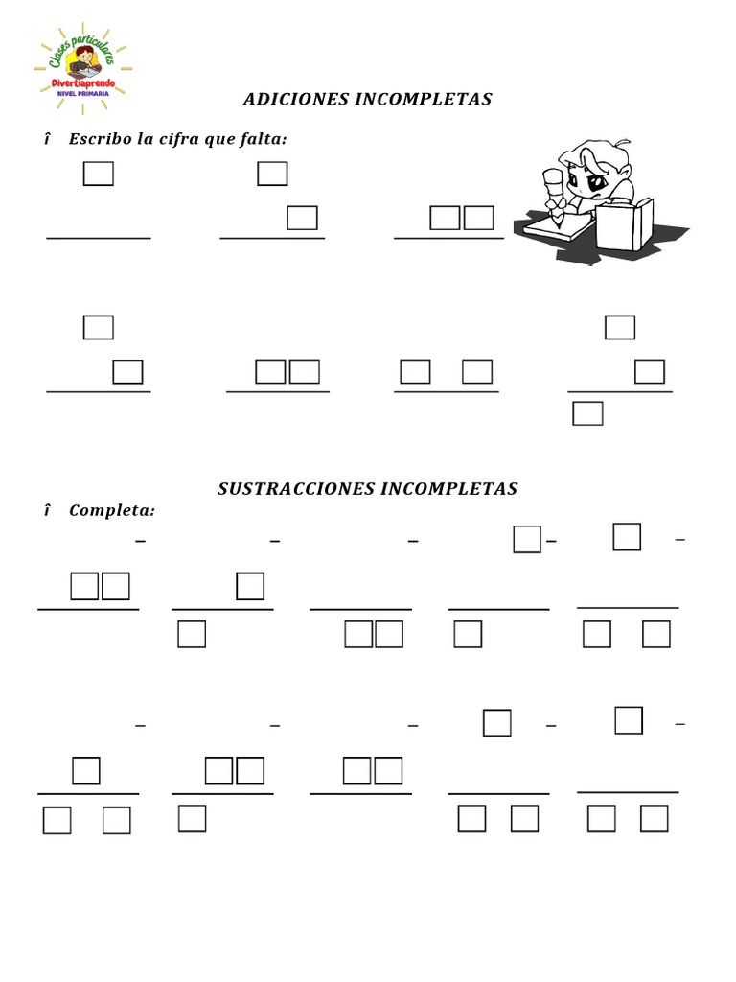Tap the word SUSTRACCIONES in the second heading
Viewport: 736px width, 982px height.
pyautogui.click(x=296, y=489)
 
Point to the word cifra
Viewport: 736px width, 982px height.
pyautogui.click(x=182, y=140)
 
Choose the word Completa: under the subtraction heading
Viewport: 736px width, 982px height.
pyautogui.click(x=112, y=510)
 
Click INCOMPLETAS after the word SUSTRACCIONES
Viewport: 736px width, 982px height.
pyautogui.click(x=449, y=489)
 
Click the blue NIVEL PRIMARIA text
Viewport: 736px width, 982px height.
pyautogui.click(x=83, y=94)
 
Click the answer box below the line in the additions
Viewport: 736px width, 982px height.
pyautogui.click(x=587, y=413)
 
